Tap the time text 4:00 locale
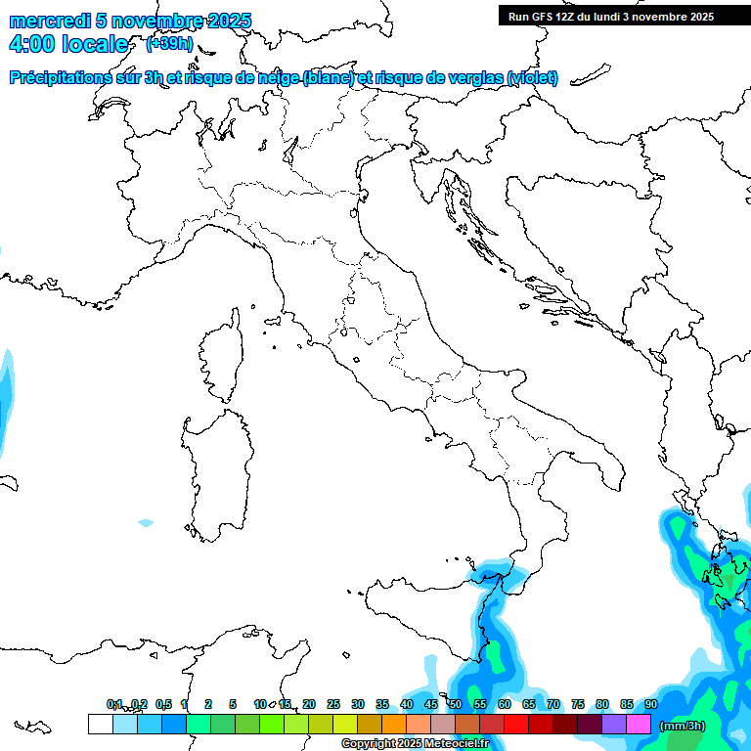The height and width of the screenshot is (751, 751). point(67,44)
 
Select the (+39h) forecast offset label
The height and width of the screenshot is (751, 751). point(168,44)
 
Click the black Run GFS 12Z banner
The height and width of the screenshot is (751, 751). point(610,16)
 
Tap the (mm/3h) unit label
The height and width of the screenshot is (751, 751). point(683,726)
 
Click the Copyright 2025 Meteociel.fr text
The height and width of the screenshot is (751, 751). point(415,743)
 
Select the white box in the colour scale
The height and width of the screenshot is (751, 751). point(100,724)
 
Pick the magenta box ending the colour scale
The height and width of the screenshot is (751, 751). point(639,724)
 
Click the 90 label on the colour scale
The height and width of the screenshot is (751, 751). point(650,704)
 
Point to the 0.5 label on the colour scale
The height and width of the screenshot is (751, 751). point(163,704)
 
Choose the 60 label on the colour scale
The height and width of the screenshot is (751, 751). point(504,704)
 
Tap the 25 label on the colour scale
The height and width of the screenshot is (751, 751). point(333,704)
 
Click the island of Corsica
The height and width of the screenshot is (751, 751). point(220,357)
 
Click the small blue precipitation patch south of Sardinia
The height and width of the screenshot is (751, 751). point(146,523)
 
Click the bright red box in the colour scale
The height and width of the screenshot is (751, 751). point(516,724)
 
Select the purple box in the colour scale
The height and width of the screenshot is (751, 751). point(614,724)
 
